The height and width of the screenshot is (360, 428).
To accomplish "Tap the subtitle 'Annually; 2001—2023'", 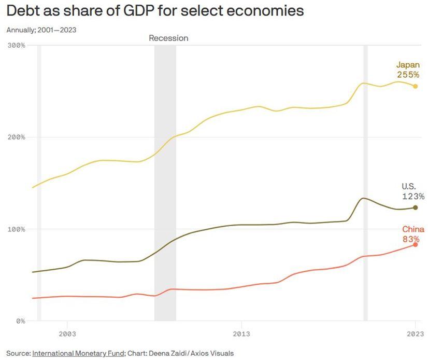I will pos(41,30).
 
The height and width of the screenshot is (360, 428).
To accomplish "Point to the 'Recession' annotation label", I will pos(168,38).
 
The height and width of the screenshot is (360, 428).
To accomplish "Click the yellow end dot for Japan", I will pos(415,86).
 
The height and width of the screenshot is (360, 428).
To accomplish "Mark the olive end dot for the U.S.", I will pos(415,207).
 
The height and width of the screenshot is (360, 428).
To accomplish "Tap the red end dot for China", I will pos(415,244).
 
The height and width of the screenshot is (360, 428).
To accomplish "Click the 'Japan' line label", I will pos(408,65).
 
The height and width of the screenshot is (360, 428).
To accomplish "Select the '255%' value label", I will pos(408,75).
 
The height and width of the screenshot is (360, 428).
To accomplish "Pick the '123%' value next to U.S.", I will pos(413,197).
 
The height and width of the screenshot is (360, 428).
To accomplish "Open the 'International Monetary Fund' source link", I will pos(78,353).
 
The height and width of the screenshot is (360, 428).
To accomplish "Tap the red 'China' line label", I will pos(413,229).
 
